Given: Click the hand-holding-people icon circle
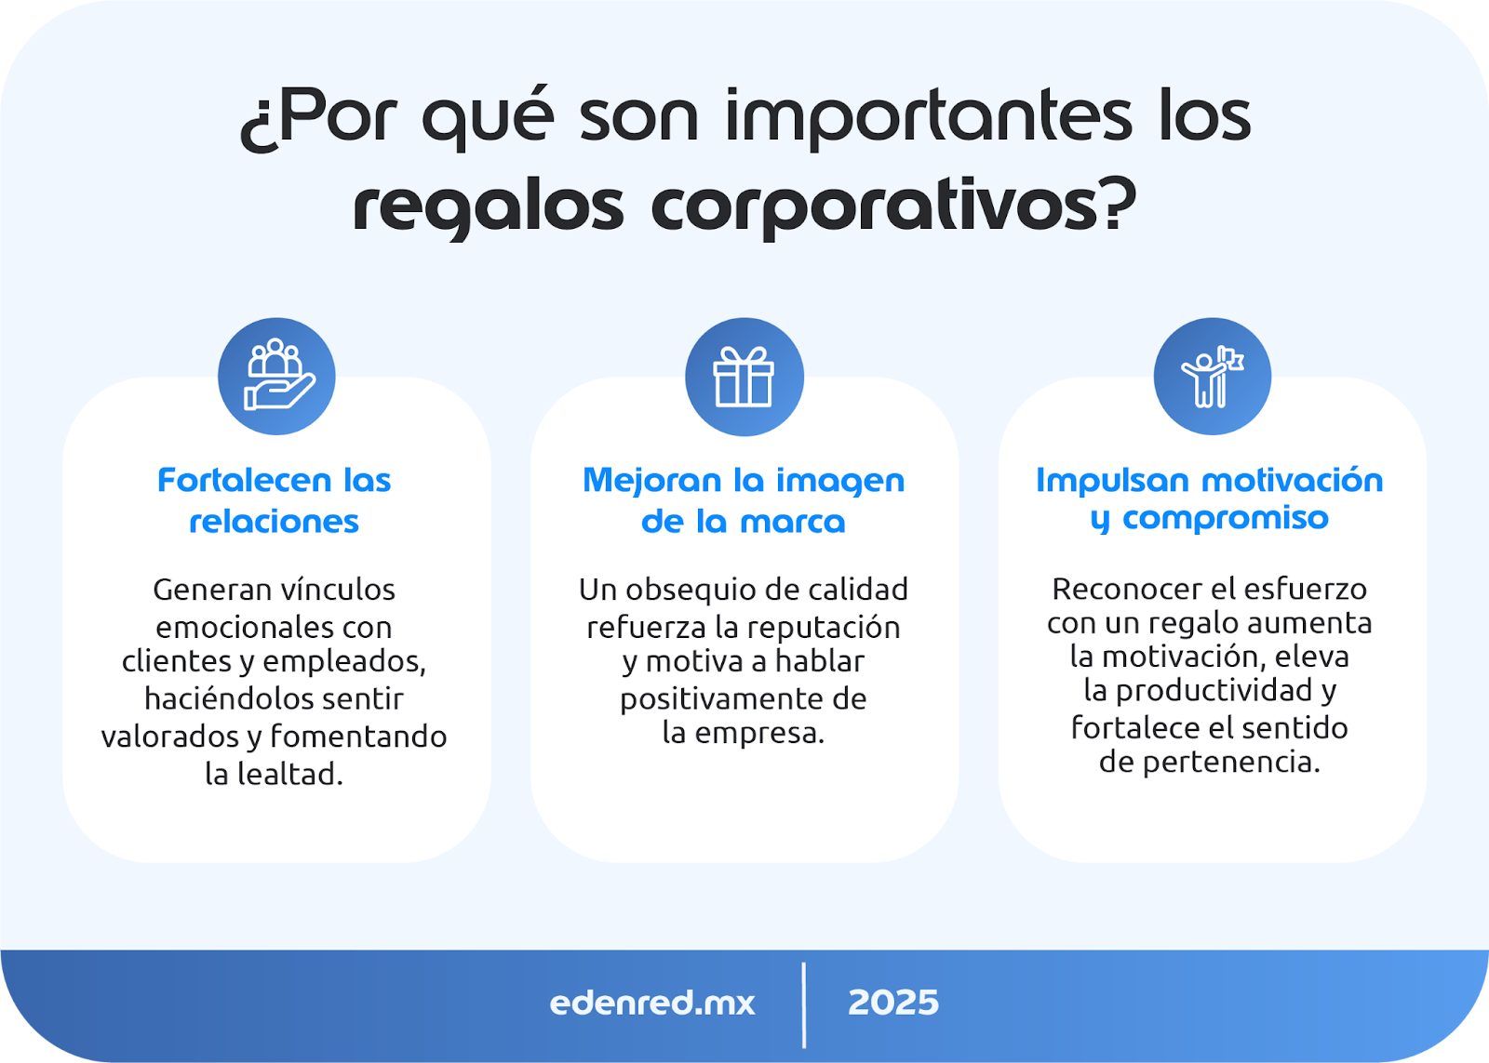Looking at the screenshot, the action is (276, 377).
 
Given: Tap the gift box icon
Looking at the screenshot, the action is (744, 377).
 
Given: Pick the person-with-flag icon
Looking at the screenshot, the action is (1213, 377).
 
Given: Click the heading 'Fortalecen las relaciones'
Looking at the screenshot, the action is (274, 500).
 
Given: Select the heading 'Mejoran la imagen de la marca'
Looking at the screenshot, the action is (744, 500).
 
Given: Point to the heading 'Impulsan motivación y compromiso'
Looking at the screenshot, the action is (1210, 498).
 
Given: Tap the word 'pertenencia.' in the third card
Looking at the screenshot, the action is (1231, 763).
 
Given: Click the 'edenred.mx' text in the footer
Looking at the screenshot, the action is (652, 1003).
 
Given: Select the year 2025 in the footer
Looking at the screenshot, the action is (893, 1003).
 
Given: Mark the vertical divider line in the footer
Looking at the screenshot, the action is (804, 1005).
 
